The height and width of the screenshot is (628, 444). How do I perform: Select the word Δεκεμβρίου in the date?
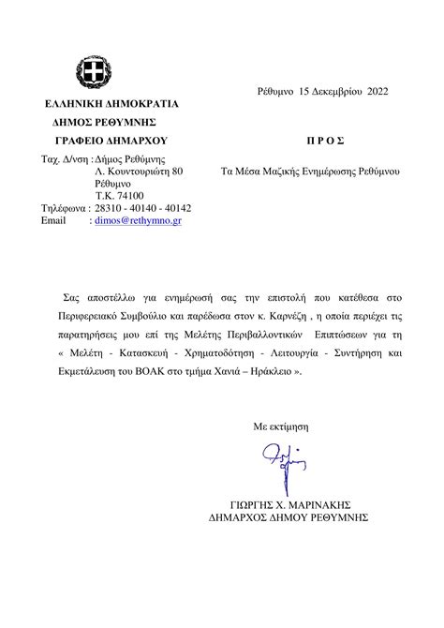(327, 92)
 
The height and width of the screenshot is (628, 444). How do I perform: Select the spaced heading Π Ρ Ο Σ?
(326, 141)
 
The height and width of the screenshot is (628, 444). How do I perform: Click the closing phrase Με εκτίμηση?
(281, 426)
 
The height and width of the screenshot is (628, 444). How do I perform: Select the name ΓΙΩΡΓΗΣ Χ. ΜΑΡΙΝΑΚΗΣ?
(289, 501)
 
